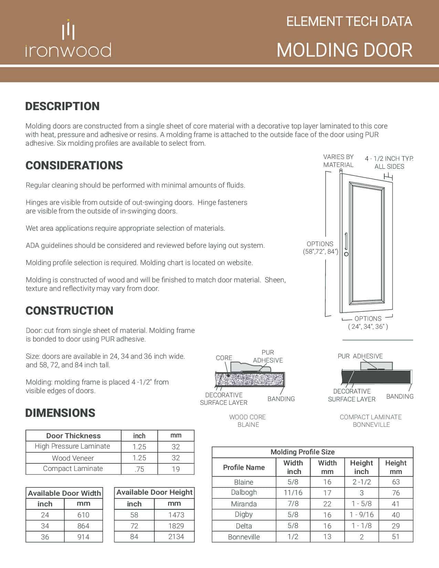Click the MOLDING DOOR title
coord(344,50)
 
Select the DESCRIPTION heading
coord(62,106)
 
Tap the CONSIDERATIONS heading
coord(74,165)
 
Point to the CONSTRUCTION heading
coord(69,311)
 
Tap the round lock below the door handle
coord(346,254)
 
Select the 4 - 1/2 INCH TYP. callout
coord(389,162)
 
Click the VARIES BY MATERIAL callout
coord(338,161)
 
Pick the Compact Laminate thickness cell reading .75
coord(139,469)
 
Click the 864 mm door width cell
coord(83,526)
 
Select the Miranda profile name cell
coord(244,504)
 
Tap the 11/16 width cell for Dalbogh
coord(293,493)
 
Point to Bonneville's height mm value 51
coord(396,537)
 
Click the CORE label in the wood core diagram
coord(224,358)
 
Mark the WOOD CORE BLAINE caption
coord(248,421)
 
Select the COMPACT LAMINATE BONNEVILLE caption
coord(371,421)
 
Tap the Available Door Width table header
coord(64,493)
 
